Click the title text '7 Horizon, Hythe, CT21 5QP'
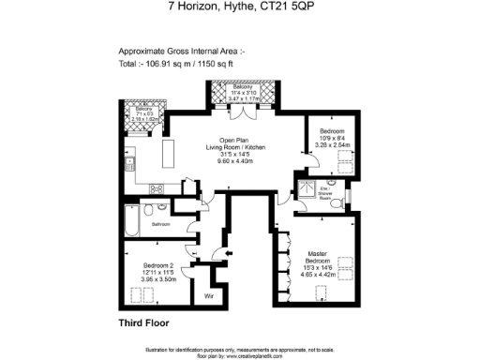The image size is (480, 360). [x=240, y=7]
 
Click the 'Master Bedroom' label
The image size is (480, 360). [x=322, y=257]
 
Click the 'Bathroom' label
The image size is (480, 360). [x=161, y=225]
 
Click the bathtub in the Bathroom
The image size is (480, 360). [x=131, y=222]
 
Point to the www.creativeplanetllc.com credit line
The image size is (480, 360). [x=240, y=355]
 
